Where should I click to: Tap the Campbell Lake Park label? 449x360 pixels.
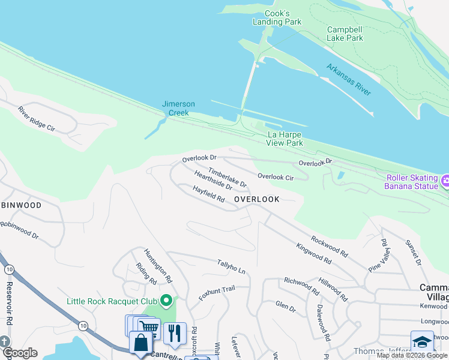point(345,34)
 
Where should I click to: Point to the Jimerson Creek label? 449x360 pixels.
point(178,108)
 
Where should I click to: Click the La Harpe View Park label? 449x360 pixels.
point(285,139)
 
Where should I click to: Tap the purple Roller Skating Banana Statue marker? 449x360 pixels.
point(445,181)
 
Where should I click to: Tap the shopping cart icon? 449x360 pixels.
point(148,328)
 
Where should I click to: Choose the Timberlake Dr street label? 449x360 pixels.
point(228,176)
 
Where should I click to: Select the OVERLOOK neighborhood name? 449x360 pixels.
point(256,199)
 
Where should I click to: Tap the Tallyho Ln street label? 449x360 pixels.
point(232,268)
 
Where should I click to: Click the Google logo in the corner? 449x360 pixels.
point(19,353)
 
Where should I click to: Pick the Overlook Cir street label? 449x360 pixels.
point(276,176)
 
